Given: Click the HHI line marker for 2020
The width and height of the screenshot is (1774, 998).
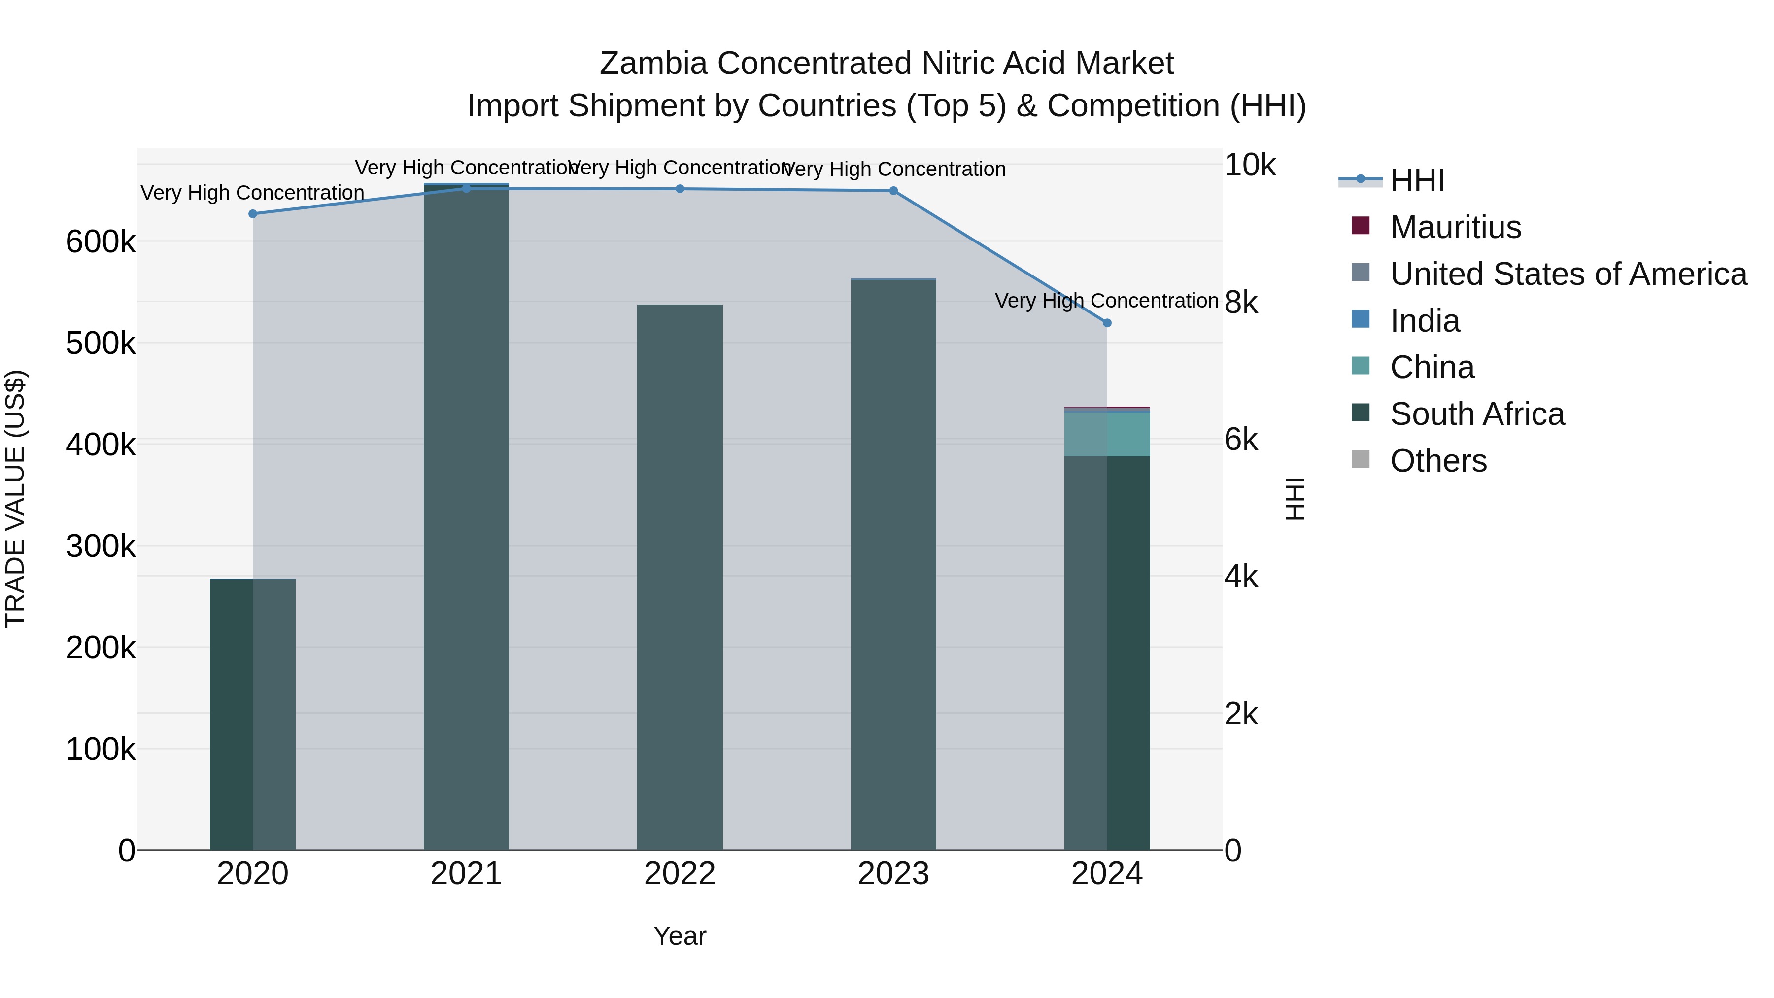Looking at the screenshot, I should click(x=253, y=214).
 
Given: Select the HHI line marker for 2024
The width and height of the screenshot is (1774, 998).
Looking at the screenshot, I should click(x=1107, y=323).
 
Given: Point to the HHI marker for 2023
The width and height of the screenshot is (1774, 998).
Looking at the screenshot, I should click(x=893, y=191).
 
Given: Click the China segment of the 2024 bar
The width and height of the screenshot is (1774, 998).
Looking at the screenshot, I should click(x=1107, y=434).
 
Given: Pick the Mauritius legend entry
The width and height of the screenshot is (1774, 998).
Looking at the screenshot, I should click(x=1455, y=227).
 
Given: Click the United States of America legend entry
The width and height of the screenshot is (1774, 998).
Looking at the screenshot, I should click(x=1568, y=274).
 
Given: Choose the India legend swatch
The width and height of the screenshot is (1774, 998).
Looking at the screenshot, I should click(x=1361, y=319).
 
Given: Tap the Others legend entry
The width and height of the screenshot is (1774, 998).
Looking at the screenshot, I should click(x=1438, y=461).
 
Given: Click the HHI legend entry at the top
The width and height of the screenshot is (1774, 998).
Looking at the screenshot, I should click(x=1417, y=180).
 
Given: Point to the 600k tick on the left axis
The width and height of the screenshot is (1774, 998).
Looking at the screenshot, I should click(x=101, y=242).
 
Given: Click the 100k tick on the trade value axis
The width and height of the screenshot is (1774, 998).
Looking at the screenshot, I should click(x=101, y=749).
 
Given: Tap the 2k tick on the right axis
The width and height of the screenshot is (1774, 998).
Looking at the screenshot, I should click(x=1241, y=714).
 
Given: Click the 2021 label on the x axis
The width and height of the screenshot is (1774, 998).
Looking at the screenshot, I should click(x=466, y=874).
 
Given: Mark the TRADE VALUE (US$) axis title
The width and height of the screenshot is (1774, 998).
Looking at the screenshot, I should click(x=15, y=499).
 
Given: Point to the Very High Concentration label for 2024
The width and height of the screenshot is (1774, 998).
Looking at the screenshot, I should click(x=1107, y=301).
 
